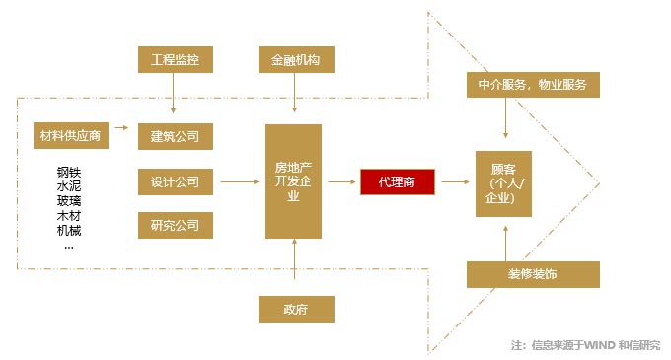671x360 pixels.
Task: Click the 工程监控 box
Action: tap(175, 58)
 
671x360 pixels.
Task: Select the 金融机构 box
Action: tap(296, 58)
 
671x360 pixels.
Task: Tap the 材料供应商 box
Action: tap(71, 135)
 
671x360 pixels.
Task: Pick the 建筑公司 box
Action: tap(175, 135)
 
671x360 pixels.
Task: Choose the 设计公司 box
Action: tap(175, 181)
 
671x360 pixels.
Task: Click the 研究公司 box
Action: tap(175, 226)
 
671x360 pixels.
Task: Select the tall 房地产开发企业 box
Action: tap(294, 181)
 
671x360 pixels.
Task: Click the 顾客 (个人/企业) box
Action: tap(504, 182)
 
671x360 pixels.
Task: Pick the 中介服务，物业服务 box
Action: tap(533, 85)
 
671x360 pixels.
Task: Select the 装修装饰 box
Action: tap(533, 274)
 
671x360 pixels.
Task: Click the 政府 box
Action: tap(296, 309)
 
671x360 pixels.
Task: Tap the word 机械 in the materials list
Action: tap(69, 230)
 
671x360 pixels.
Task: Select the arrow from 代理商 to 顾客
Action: tap(454, 182)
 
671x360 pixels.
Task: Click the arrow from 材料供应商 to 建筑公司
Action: tap(121, 127)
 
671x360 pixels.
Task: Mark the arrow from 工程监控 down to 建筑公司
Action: tap(175, 97)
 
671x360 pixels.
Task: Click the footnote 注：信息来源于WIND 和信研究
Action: tap(586, 345)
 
